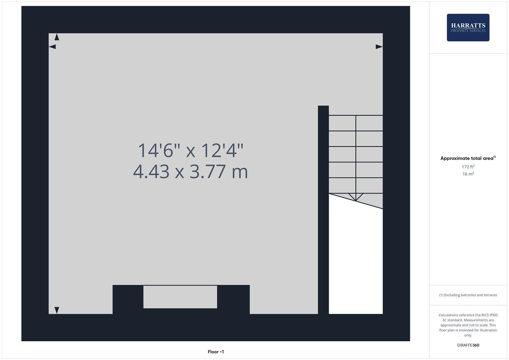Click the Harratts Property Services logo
click(468, 27)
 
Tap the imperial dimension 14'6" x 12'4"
click(190, 150)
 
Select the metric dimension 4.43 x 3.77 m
click(190, 172)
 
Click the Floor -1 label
click(216, 352)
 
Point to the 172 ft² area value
click(468, 167)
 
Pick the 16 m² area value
click(468, 174)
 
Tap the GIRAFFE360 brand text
click(468, 345)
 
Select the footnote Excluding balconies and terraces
click(468, 295)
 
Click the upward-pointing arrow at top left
click(57, 37)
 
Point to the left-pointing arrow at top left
click(52, 47)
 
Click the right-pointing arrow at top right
click(379, 47)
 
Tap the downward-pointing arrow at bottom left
click(57, 310)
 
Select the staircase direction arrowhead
click(356, 197)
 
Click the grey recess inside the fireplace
click(180, 297)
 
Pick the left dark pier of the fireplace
click(128, 299)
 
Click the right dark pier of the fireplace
click(233, 299)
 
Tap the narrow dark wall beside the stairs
click(323, 210)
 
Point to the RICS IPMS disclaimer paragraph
click(468, 325)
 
